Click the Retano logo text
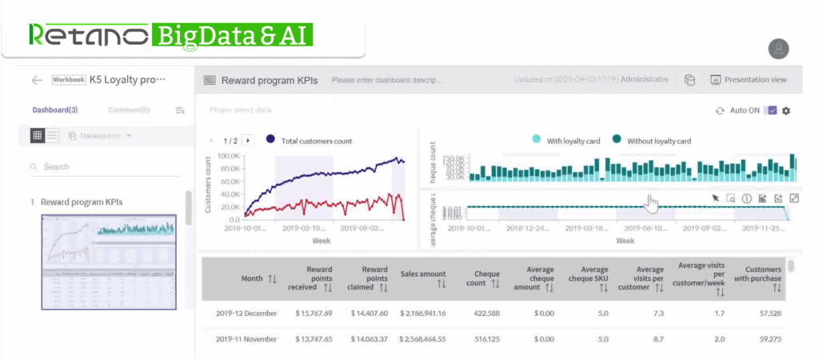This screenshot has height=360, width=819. click(88, 34)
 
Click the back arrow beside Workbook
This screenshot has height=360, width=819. click(36, 80)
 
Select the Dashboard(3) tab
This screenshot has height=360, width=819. click(55, 110)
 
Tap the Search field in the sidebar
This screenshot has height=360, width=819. click(104, 167)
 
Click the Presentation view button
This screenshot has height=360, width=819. click(749, 80)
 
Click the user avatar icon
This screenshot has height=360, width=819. click(778, 49)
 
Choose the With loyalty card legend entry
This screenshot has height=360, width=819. click(569, 141)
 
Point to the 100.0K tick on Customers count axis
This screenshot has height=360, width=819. click(229, 156)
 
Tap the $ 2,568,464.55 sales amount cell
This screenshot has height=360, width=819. click(416, 339)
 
